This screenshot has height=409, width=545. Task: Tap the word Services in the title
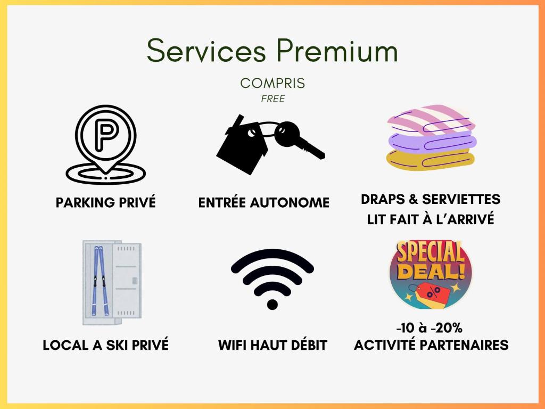tap(207, 50)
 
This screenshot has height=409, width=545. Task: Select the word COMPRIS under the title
tap(272, 83)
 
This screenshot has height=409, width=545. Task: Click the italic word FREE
tap(273, 99)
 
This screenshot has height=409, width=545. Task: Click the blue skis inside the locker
tap(100, 281)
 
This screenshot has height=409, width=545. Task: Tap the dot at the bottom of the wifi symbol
tap(272, 304)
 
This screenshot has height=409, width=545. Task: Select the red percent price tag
tap(430, 295)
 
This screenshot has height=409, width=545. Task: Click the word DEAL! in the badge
tap(432, 271)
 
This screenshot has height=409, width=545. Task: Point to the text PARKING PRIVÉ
tap(106, 202)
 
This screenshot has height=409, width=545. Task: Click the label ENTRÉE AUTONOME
tap(264, 202)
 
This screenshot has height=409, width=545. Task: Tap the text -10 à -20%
tap(430, 328)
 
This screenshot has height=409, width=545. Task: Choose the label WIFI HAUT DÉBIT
tap(273, 345)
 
